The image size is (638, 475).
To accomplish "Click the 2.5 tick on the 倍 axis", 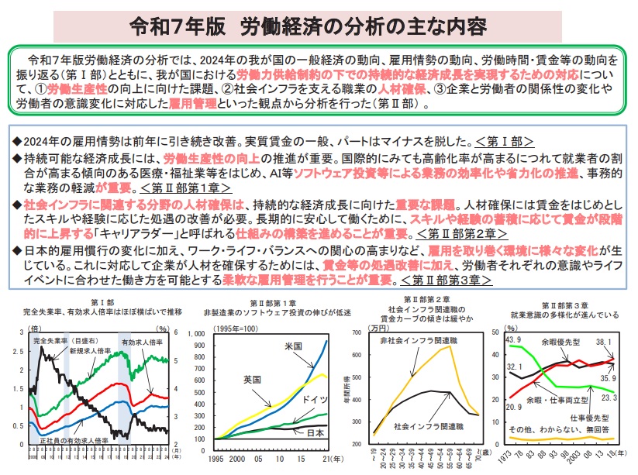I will tap(21, 350).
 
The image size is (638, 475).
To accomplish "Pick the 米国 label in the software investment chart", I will tap(292, 346).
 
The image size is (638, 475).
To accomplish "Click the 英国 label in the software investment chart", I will tap(252, 380).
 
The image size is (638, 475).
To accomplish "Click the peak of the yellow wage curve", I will tap(450, 346).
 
